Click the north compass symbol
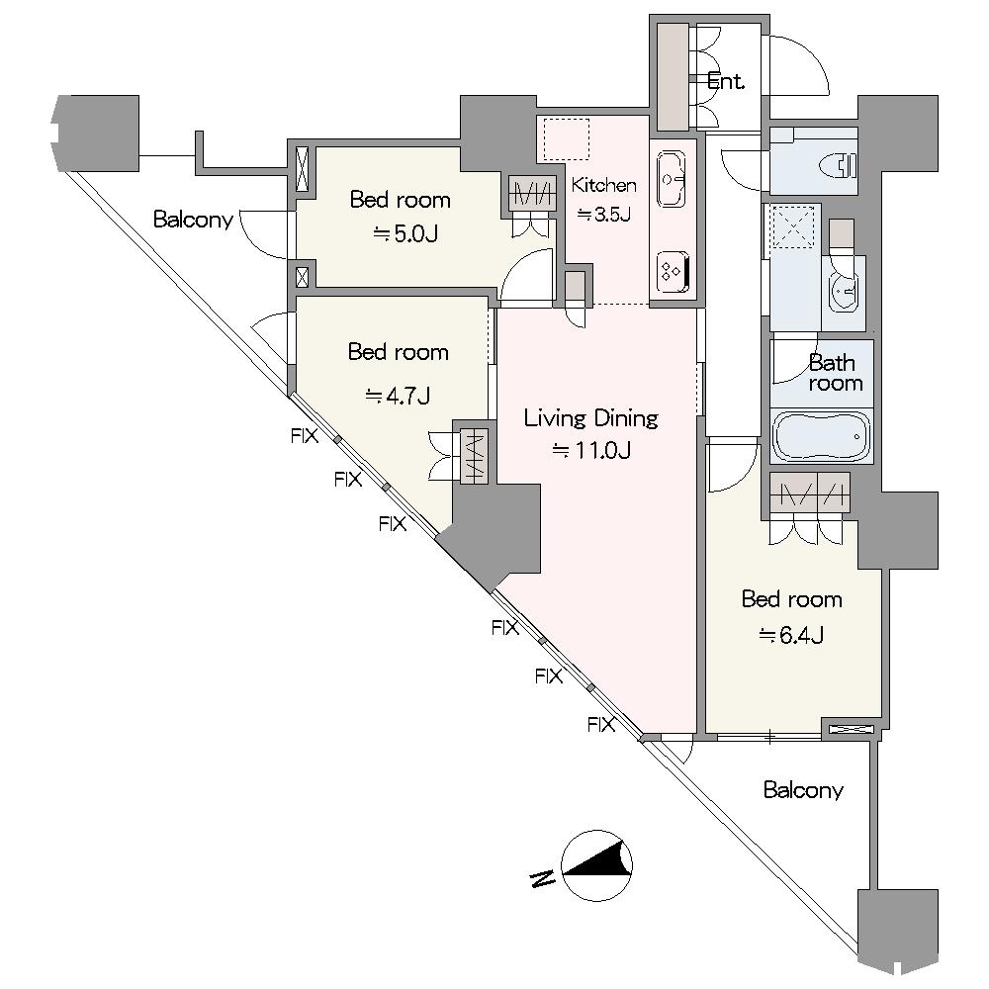coord(596,864)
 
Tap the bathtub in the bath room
coord(821,436)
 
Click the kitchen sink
coord(671,178)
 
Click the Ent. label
coord(726,81)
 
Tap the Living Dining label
coord(591,417)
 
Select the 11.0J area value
coord(591,450)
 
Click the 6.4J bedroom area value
coord(791,635)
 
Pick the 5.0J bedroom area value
coord(405,234)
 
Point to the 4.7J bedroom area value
coord(398,397)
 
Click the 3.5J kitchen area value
coord(603,215)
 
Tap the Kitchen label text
coord(603,185)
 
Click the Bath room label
coord(835,373)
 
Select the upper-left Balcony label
coord(193,220)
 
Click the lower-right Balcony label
coord(803,789)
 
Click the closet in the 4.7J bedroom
coord(475,456)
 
